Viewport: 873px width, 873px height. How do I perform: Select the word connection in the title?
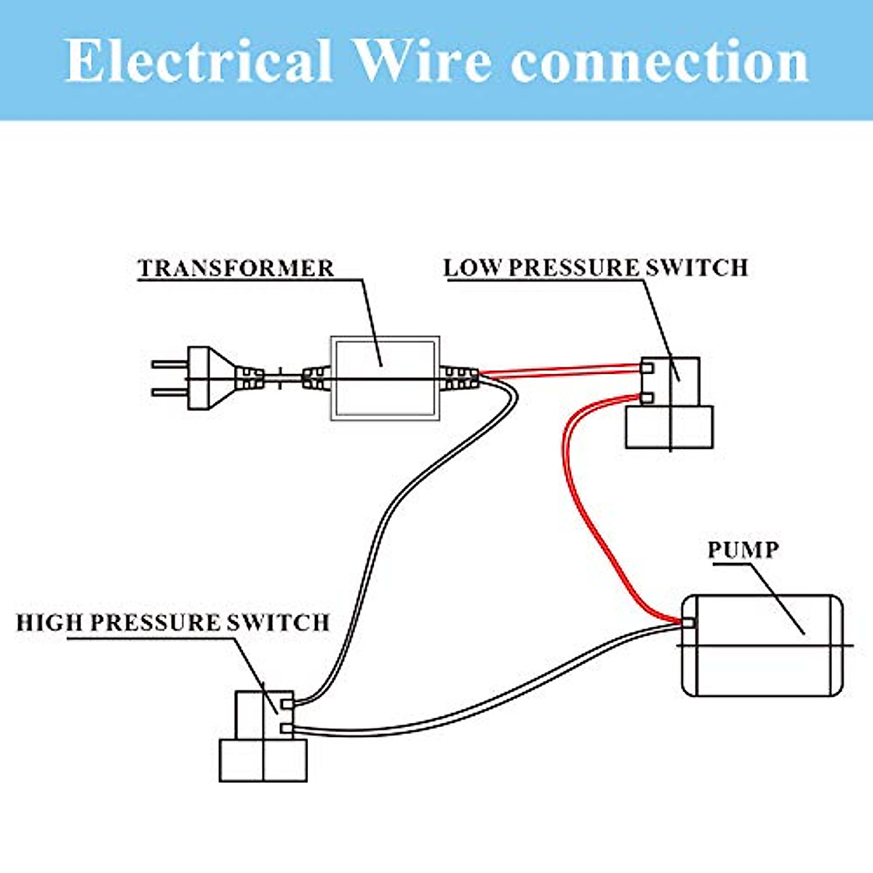pyautogui.click(x=659, y=63)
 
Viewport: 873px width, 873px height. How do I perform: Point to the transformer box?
pyautogui.click(x=385, y=378)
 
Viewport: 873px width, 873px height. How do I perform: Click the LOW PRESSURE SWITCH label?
pyautogui.click(x=596, y=267)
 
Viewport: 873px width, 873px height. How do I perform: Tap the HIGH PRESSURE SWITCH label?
pyautogui.click(x=173, y=623)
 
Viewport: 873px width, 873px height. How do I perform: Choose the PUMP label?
pyautogui.click(x=743, y=549)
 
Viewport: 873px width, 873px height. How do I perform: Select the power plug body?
pyautogui.click(x=211, y=378)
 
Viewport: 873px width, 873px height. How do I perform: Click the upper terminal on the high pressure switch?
pyautogui.click(x=287, y=703)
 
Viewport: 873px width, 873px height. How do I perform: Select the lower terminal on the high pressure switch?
pyautogui.click(x=287, y=728)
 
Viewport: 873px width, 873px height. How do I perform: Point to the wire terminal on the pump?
pyautogui.click(x=687, y=623)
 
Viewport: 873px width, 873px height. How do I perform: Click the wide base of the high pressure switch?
pyautogui.click(x=263, y=761)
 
